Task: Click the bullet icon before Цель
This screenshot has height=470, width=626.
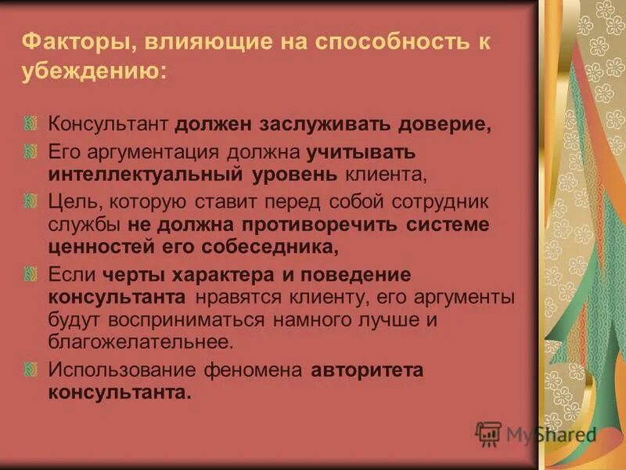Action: coord(31,201)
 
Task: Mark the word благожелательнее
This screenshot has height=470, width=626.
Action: coord(141,342)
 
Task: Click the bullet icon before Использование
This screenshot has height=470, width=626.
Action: coord(31,368)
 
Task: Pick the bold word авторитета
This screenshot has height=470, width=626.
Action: coord(367,369)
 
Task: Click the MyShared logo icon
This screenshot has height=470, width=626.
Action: coord(488,433)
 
